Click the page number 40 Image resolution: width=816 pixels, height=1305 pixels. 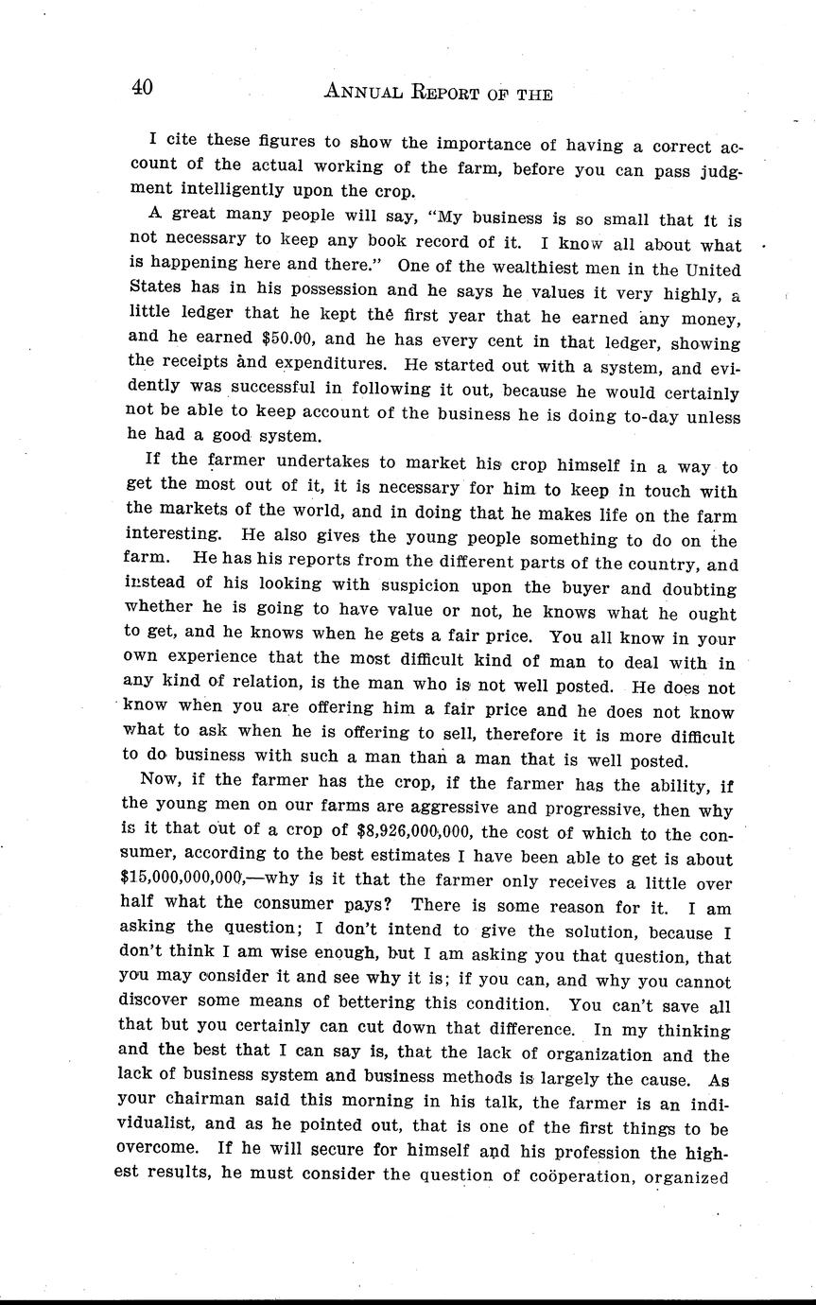(x=143, y=88)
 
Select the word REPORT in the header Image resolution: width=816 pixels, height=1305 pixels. (x=455, y=92)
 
